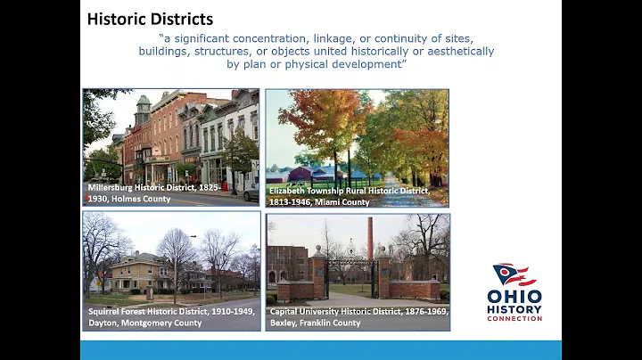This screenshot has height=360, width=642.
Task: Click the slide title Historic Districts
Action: click(150, 19)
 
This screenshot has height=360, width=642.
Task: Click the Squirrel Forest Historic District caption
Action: click(170, 316)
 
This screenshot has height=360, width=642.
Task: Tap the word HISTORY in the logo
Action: click(514, 307)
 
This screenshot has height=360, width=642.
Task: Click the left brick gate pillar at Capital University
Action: click(318, 272)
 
